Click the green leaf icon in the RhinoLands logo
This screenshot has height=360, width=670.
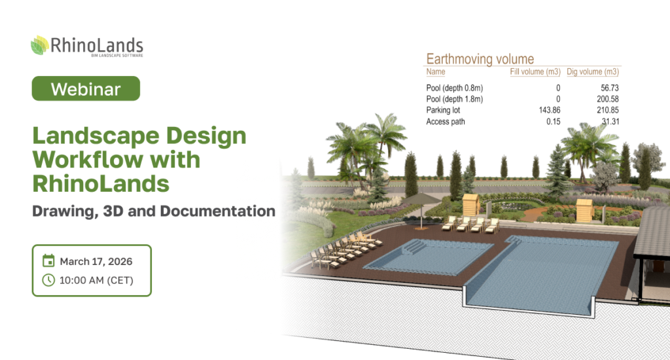point(39,45)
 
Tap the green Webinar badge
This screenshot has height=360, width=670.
point(86,88)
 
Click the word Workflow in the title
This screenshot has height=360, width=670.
point(88,160)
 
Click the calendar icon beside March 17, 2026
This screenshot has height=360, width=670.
point(48,261)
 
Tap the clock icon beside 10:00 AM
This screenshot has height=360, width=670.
point(48,280)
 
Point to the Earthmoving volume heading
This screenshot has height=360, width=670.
point(480,59)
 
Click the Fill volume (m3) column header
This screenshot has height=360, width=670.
point(535,72)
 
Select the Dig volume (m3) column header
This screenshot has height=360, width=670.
point(593,72)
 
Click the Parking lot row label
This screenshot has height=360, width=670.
point(443,110)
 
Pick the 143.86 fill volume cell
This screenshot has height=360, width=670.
point(550,110)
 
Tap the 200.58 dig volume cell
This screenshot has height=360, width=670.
point(608,99)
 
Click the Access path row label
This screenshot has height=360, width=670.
point(445,122)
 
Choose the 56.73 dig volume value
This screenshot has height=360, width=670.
point(610,88)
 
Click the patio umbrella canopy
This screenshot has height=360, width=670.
point(421,199)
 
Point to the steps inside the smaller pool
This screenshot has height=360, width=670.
point(413,247)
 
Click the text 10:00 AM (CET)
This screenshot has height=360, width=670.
point(97,281)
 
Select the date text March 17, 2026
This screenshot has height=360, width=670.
point(96,261)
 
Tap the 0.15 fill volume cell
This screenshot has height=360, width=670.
point(554,122)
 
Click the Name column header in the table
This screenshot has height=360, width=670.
point(435,72)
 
